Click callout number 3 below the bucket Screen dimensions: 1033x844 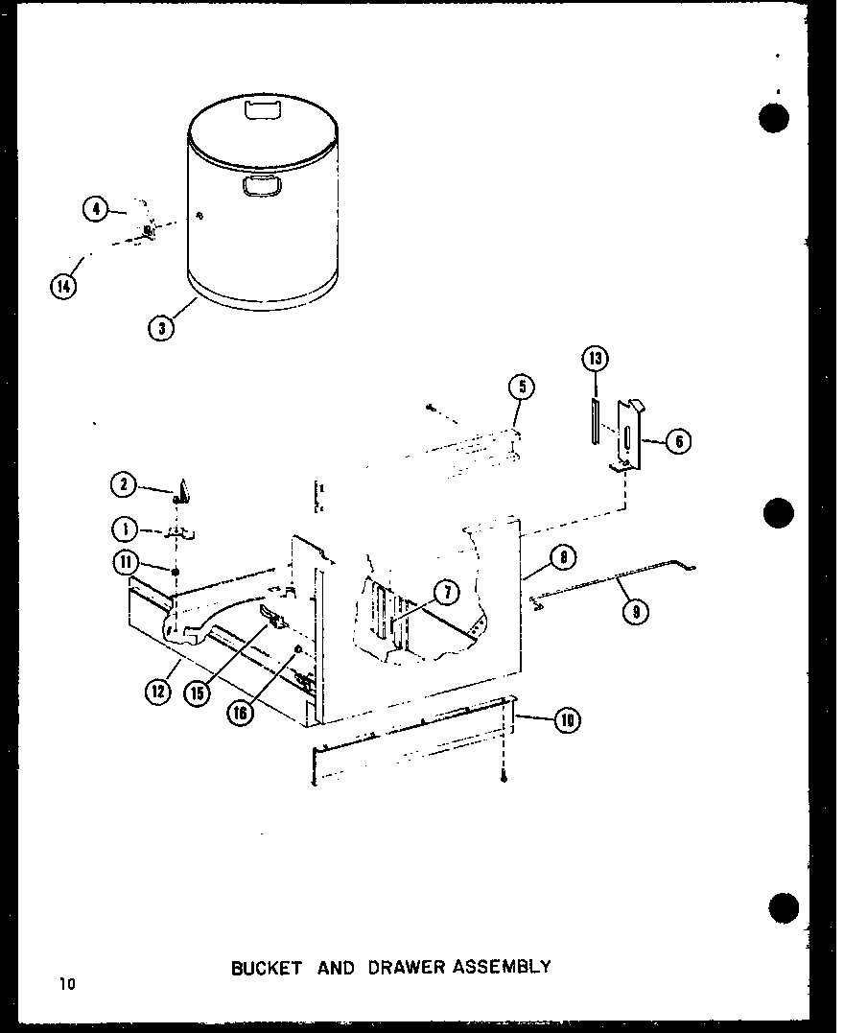coord(161,328)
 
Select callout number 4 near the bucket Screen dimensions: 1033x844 coord(94,208)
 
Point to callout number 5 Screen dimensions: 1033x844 coord(522,387)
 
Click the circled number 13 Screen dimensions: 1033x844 coord(595,359)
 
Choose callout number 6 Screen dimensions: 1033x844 coord(677,442)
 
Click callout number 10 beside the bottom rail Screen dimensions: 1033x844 coord(567,720)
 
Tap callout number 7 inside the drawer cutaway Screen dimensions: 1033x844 coord(445,594)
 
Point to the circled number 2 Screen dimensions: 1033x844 coord(124,485)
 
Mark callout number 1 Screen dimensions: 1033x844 coord(124,528)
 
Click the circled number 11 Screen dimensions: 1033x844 coord(126,564)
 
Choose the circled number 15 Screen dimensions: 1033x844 coord(198,693)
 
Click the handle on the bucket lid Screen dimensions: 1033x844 coord(260,111)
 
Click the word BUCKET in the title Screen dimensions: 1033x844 coord(266,967)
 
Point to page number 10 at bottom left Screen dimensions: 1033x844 coord(65,983)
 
